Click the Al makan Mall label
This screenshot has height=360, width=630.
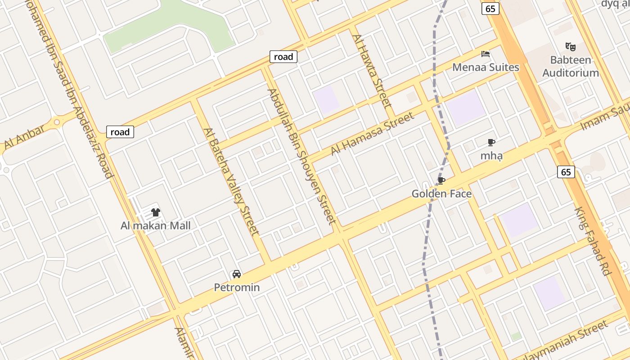[x=155, y=225]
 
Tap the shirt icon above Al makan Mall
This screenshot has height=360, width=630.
[x=156, y=212]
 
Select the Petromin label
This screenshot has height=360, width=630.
[x=237, y=287]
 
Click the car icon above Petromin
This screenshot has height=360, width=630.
[x=236, y=274]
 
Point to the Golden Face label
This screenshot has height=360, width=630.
[x=441, y=194]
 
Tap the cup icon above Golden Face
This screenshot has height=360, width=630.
[x=441, y=181]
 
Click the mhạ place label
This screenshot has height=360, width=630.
[x=491, y=156]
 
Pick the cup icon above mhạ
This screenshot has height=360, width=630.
[x=491, y=143]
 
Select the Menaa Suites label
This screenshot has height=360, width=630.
[x=486, y=67]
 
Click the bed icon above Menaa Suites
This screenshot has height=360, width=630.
[x=486, y=54]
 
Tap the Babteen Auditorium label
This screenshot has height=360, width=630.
[x=571, y=66]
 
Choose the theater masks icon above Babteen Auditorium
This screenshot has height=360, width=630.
[x=571, y=46]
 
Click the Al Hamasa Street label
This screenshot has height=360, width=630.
[x=372, y=134]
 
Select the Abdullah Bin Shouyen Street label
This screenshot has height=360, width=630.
[x=301, y=156]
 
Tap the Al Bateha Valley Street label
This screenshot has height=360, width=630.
[x=231, y=181]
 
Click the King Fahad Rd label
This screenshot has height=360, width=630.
[x=593, y=241]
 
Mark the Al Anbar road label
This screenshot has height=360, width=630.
[x=25, y=137]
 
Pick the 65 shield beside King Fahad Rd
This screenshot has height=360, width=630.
[x=566, y=172]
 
